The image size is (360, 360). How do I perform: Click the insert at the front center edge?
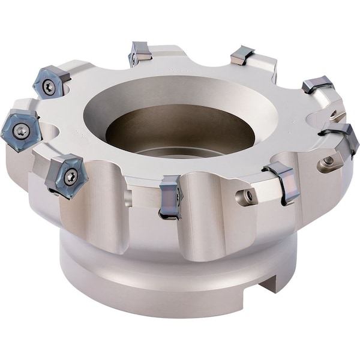click(169, 196)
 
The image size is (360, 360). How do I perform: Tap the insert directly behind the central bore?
click(140, 53)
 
